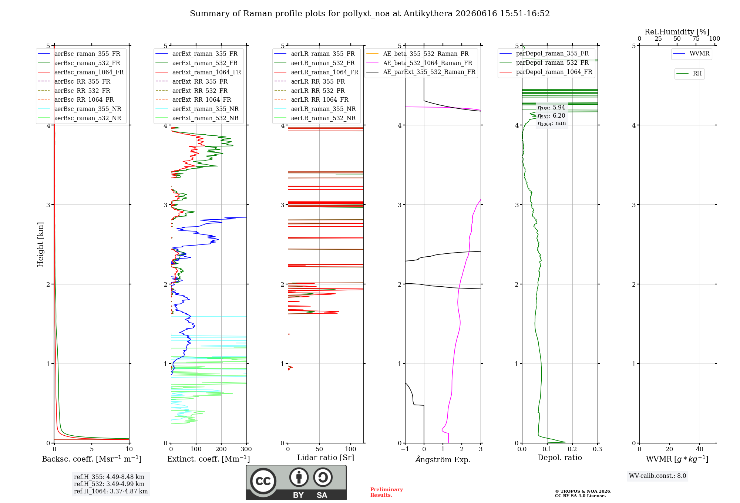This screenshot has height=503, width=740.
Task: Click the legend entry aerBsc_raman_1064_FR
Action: click(x=81, y=72)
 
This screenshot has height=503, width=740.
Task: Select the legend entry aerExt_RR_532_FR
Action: click(x=192, y=91)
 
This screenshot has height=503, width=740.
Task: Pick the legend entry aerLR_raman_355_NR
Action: click(x=315, y=109)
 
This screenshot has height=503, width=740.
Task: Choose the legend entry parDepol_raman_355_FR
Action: click(x=544, y=54)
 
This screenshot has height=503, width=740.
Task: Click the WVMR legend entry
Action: click(x=691, y=54)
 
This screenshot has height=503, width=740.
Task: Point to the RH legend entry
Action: click(x=689, y=74)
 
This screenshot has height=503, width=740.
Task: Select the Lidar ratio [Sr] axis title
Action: click(x=326, y=458)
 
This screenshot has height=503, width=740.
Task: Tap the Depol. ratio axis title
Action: click(x=560, y=458)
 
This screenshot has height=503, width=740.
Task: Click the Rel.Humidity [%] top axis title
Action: click(x=677, y=32)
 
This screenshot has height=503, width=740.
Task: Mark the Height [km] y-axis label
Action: click(x=40, y=244)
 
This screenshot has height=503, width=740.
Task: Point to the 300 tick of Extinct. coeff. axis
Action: click(x=246, y=449)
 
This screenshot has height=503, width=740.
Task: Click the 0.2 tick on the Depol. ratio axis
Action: click(x=572, y=449)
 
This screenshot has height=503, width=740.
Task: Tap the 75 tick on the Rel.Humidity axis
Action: click(x=696, y=38)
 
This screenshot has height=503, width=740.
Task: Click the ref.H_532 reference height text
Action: click(x=109, y=484)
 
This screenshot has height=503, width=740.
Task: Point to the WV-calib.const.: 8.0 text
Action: click(x=657, y=476)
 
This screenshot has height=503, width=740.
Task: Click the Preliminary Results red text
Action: click(x=387, y=492)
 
